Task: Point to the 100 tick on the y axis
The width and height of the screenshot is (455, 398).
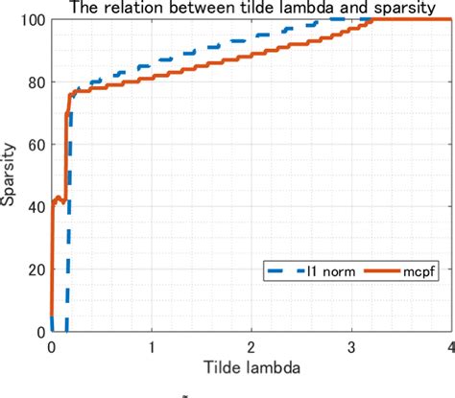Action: point(34,19)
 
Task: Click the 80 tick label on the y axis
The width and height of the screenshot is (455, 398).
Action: point(36,82)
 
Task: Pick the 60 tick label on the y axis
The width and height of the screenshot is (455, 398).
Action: point(36,144)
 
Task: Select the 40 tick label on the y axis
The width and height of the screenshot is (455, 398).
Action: point(36,206)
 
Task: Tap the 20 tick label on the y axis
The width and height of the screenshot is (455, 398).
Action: point(36,269)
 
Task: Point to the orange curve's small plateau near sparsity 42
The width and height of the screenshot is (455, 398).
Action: point(59,199)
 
